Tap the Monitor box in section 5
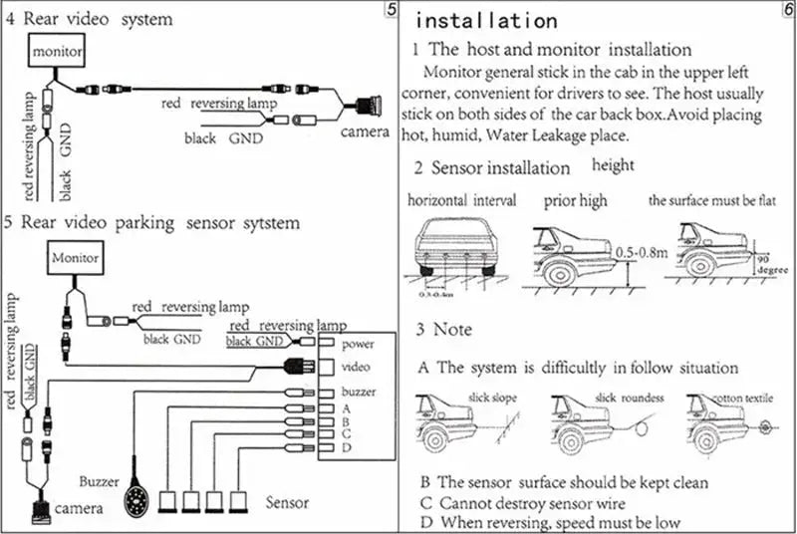76,259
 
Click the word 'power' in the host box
356,345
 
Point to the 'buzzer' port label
359,392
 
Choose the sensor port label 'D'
346,449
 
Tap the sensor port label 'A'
346,407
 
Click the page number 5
391,10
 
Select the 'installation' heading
485,20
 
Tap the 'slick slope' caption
492,397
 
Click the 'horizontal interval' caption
462,200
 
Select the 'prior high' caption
575,200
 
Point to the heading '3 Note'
444,329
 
